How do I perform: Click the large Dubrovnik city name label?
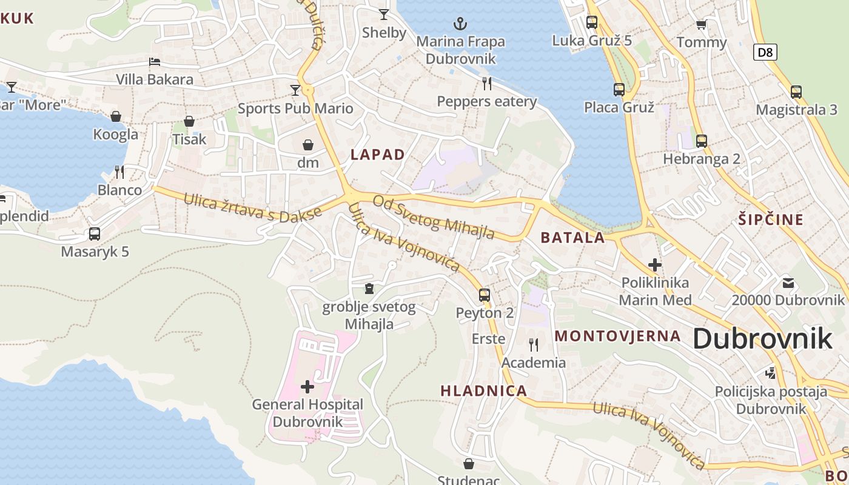pos(762,338)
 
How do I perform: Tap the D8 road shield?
pos(765,52)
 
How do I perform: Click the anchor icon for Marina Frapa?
pos(461,24)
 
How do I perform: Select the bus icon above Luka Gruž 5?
pos(592,22)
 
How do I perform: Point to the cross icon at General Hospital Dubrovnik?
pos(307,386)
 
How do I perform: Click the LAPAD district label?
pos(377,155)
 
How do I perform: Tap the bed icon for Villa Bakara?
pos(155,62)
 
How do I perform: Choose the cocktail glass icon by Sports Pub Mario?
pos(295,90)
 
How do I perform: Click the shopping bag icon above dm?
pos(308,145)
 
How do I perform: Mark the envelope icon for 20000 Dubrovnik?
pos(788,283)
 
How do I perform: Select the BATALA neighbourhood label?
pos(572,238)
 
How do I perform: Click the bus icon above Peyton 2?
pos(484,295)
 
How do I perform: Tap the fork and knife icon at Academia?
pos(534,345)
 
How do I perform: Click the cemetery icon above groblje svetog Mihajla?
pos(369,289)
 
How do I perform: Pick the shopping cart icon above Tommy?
pos(702,25)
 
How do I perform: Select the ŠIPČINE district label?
pos(771,219)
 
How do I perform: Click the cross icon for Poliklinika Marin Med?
pos(655,265)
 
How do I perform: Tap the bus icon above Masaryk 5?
pos(95,234)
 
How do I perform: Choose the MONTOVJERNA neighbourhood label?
pos(618,336)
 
